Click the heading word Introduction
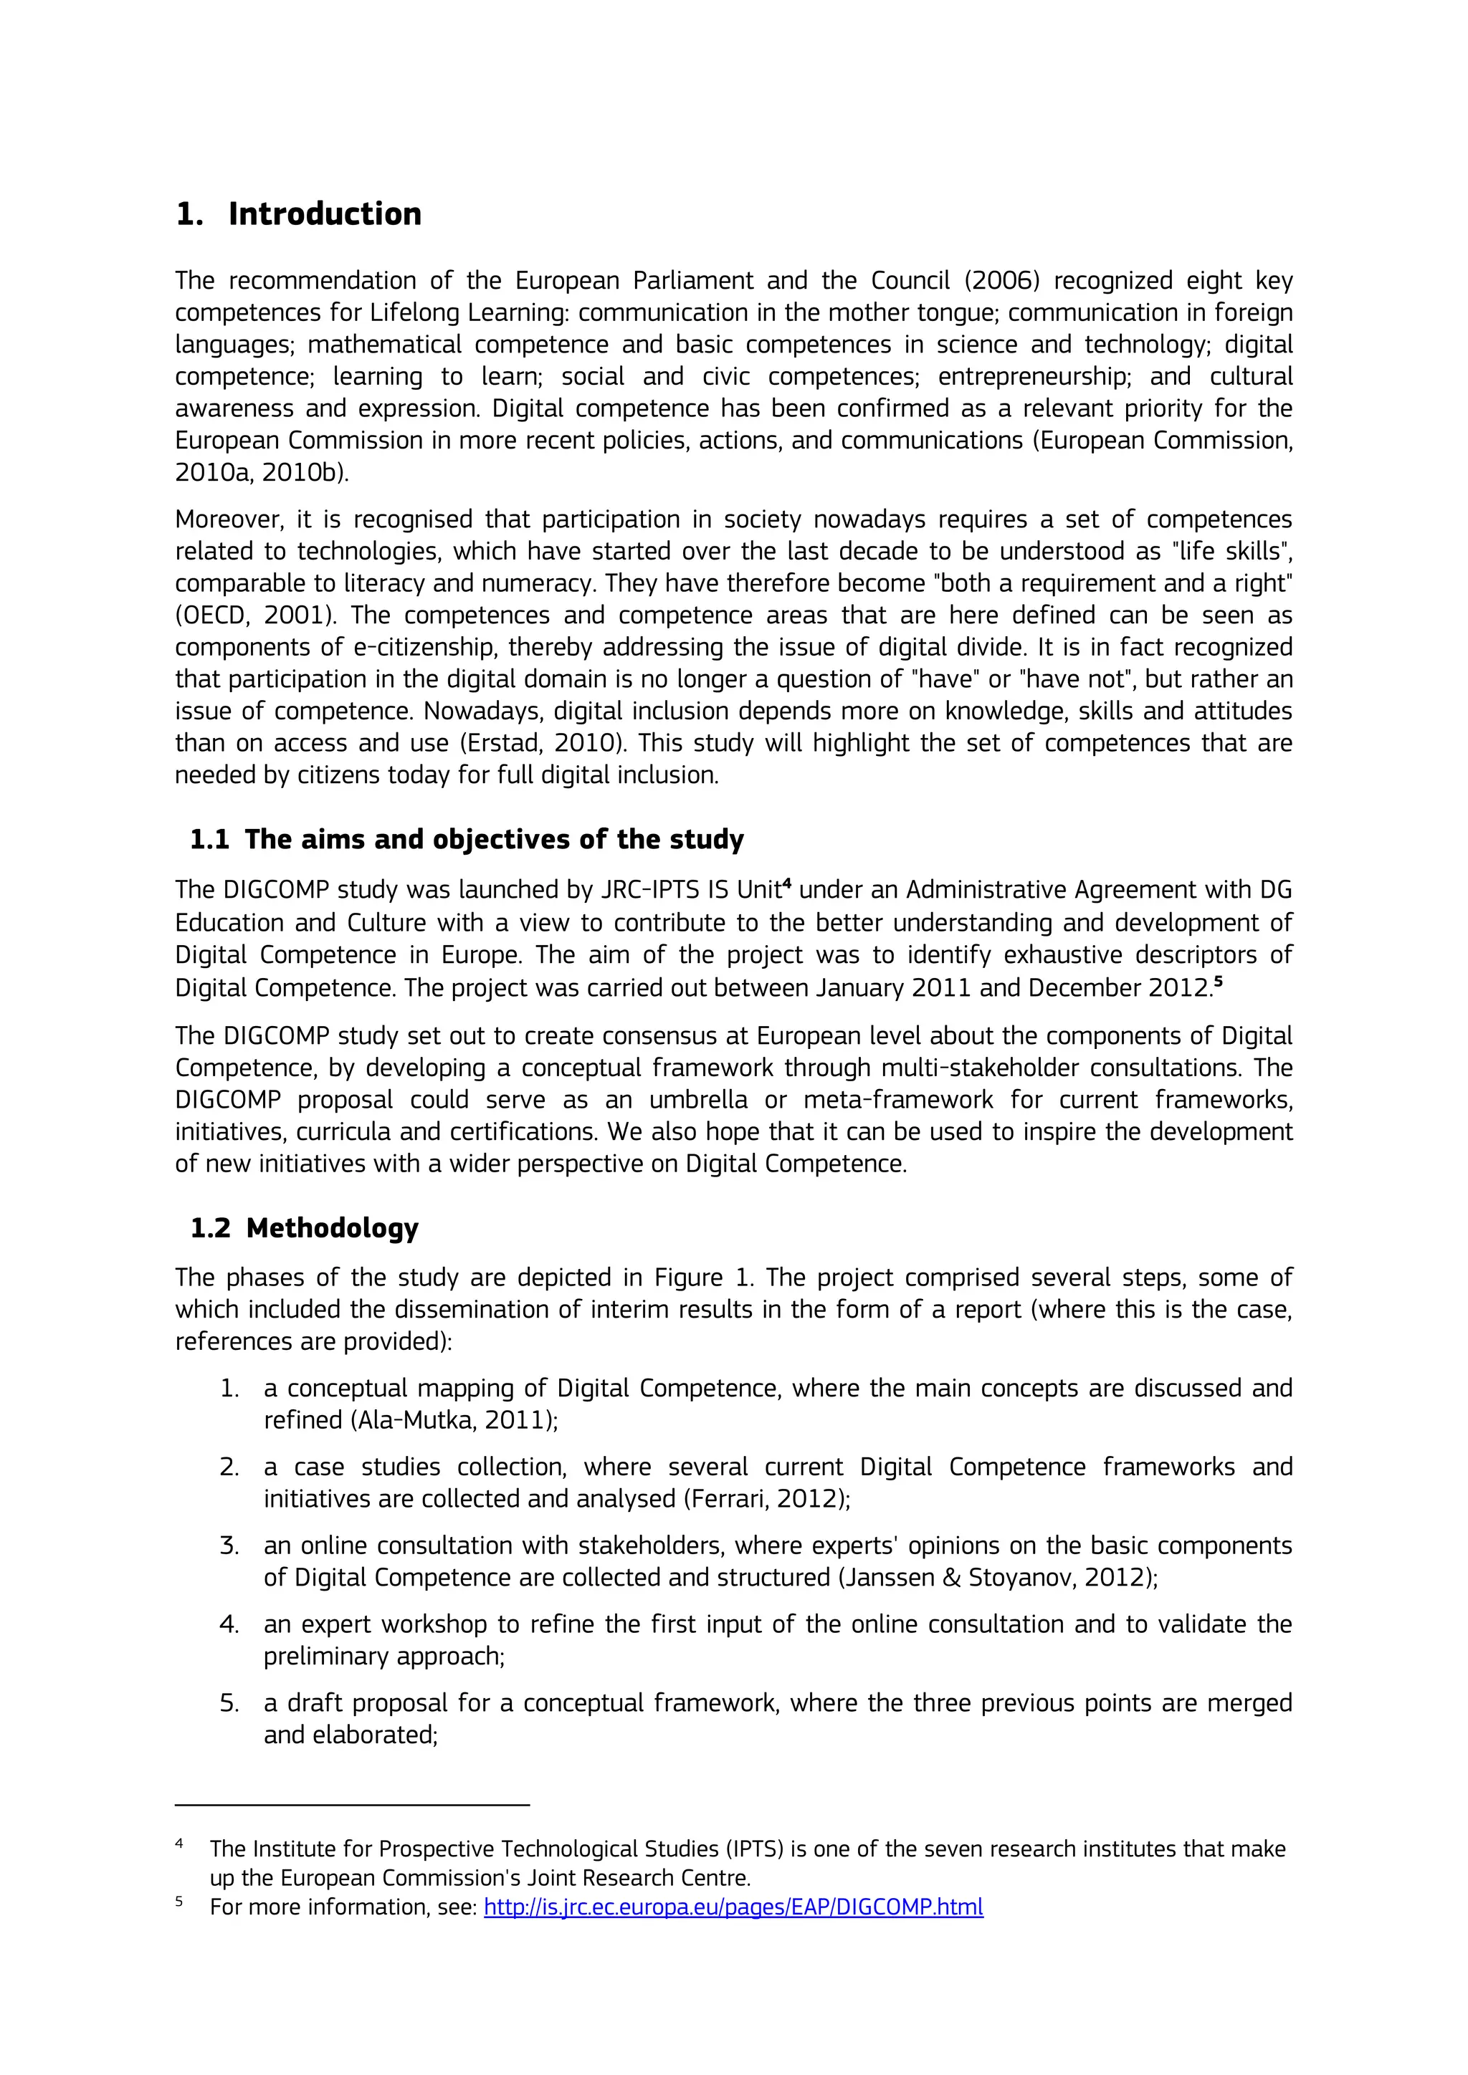tap(325, 214)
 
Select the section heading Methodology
tap(332, 1228)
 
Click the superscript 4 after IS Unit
tap(786, 884)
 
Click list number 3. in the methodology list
tap(229, 1546)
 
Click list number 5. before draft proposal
tap(229, 1704)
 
